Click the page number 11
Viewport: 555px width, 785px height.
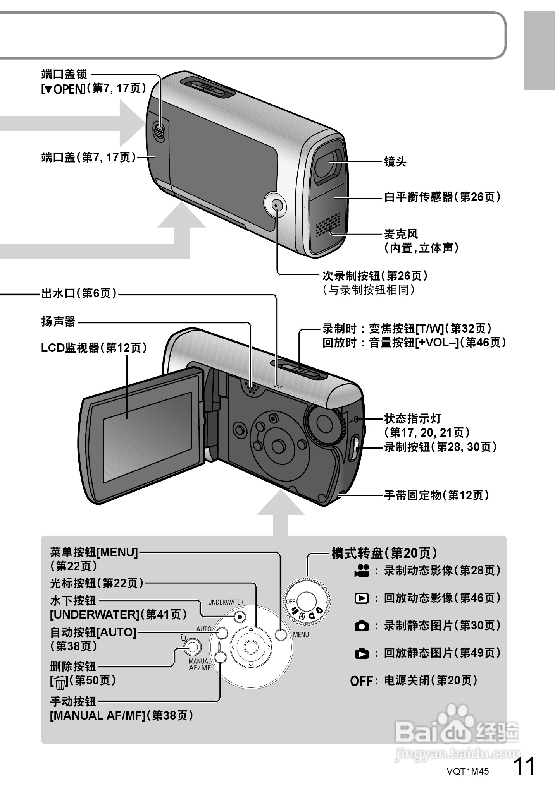coord(524,766)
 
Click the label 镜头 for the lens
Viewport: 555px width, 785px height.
coord(395,162)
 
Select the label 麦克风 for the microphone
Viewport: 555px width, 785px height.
coord(401,234)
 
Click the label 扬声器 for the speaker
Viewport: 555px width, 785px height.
coord(59,322)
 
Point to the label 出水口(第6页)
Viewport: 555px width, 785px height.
coord(79,293)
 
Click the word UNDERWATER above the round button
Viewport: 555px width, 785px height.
coord(226,602)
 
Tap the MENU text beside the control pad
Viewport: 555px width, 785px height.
coord(301,635)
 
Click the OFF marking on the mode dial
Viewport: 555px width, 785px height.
coord(290,601)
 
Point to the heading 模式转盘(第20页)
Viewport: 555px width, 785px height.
coord(384,553)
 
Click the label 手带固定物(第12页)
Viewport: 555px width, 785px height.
coord(436,495)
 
